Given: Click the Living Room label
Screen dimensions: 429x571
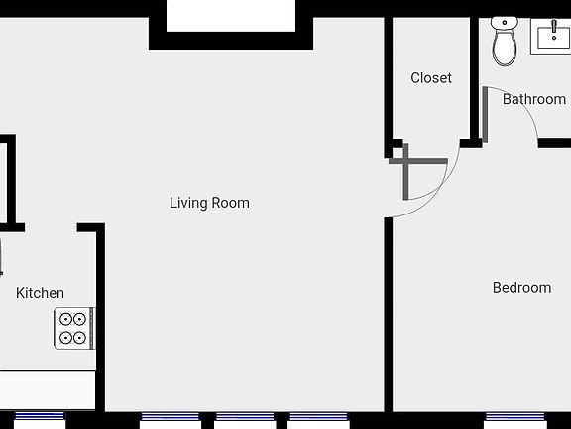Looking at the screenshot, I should [x=209, y=203].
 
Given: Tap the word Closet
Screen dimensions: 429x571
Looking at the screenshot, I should [x=431, y=77].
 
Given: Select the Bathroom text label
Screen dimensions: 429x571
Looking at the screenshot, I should [x=533, y=99].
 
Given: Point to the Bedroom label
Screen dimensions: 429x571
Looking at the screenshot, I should [x=521, y=288].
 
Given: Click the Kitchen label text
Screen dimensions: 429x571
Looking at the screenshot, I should [x=40, y=293].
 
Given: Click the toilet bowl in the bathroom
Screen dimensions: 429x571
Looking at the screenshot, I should [x=505, y=48].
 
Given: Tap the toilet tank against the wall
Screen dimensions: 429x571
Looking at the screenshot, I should [x=505, y=23].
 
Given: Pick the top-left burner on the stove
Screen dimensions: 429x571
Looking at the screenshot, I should [x=65, y=319].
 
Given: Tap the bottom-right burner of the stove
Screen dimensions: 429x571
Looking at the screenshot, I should [x=79, y=338].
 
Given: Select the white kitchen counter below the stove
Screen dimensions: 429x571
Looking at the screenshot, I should [x=47, y=389].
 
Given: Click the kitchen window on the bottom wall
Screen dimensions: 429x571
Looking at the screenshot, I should [x=40, y=415].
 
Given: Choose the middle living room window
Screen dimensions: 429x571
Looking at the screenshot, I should [x=244, y=416].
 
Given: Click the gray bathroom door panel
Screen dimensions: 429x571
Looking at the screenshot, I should [x=486, y=114].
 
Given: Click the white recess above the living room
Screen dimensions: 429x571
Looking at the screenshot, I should [x=230, y=15].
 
